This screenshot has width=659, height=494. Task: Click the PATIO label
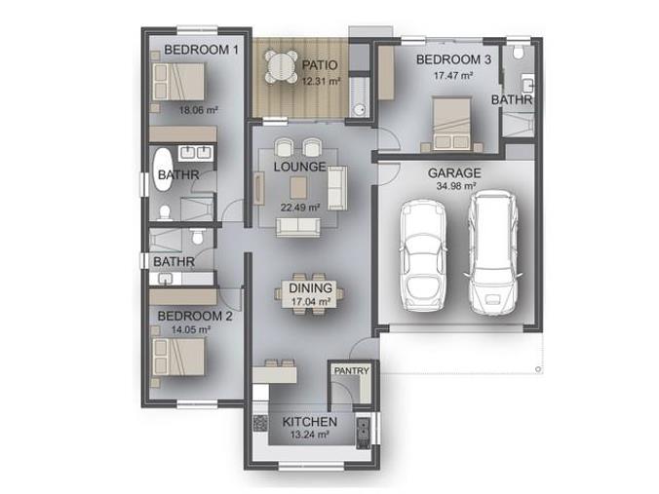pos(320,65)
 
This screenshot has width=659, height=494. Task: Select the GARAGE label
pos(454,173)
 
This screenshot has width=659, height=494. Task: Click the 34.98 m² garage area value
pos(456,186)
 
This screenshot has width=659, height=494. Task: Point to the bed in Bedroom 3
pos(451,124)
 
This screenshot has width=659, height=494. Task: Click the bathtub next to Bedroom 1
pos(163,171)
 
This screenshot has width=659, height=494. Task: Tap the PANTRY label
pos(351,371)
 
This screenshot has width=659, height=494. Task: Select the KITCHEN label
pos(309,422)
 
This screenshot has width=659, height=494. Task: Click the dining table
pos(310,293)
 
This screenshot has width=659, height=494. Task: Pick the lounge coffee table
pos(298,187)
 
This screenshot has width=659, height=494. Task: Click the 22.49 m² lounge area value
pos(300,208)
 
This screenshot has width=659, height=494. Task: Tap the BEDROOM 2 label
pos(195,316)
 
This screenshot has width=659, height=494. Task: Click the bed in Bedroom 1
pos(178,82)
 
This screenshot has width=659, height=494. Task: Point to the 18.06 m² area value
pos(198,110)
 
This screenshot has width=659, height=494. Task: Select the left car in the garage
pos(423,256)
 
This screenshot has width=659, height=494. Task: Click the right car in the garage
pos(492,253)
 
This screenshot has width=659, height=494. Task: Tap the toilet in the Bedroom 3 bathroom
pos(519,52)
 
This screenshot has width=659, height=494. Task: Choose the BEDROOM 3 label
pos(453,59)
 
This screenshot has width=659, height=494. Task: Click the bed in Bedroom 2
pos(178,357)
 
